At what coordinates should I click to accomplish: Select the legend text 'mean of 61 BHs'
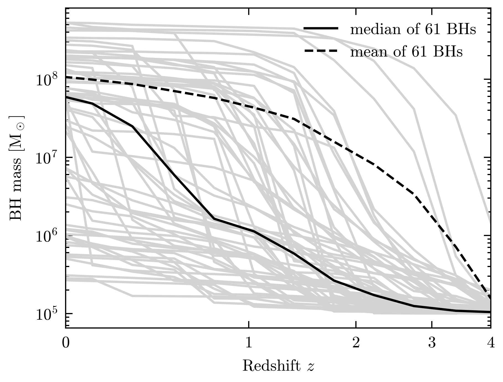click(x=406, y=52)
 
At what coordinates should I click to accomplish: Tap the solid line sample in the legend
click(x=321, y=28)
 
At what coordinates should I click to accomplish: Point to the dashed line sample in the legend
click(x=321, y=51)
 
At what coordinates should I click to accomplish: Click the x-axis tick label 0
click(x=66, y=343)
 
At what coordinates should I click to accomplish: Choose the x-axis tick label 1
click(x=249, y=343)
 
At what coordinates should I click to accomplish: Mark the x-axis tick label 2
click(x=356, y=343)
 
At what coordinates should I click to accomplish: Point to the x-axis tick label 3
click(x=432, y=343)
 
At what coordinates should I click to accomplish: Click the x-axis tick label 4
click(x=491, y=343)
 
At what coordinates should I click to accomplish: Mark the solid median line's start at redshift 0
click(x=66, y=97)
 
